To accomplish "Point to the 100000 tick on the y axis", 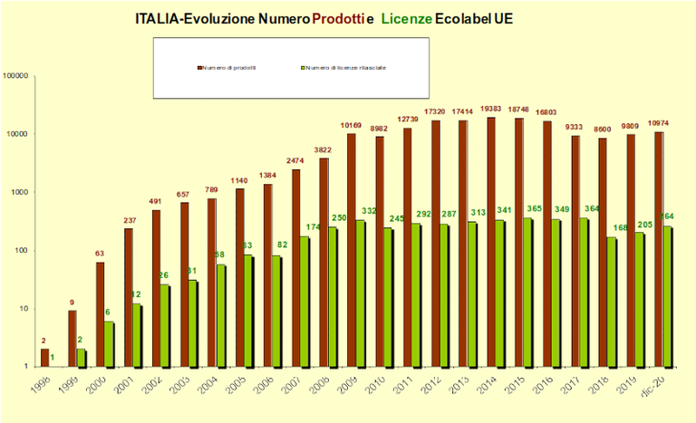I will tap(17, 76).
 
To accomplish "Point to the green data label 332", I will tap(371, 211).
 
